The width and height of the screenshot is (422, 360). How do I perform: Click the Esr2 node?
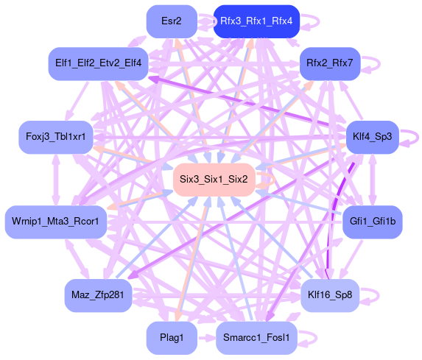click(172, 21)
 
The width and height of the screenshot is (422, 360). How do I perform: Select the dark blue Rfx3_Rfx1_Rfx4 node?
click(256, 21)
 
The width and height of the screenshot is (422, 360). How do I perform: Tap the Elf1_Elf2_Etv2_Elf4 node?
click(98, 64)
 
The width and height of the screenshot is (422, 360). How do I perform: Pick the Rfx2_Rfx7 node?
click(330, 64)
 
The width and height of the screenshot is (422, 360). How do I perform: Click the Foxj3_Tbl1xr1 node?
click(56, 137)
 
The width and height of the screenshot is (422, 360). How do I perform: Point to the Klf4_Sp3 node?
click(373, 137)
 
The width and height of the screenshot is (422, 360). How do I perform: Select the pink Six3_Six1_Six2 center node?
click(214, 180)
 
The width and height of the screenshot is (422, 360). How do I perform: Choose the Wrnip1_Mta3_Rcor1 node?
click(56, 222)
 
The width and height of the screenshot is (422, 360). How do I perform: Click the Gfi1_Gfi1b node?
click(373, 222)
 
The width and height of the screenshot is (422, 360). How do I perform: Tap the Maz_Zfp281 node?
click(98, 295)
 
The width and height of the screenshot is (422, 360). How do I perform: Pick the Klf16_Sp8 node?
click(330, 295)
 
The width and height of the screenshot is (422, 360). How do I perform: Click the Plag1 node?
click(172, 338)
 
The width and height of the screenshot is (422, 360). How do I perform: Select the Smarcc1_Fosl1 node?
click(256, 338)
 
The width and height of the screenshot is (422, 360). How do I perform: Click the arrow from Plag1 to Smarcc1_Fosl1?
click(207, 338)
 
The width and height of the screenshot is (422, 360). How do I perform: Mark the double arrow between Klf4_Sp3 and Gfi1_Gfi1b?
click(373, 180)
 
